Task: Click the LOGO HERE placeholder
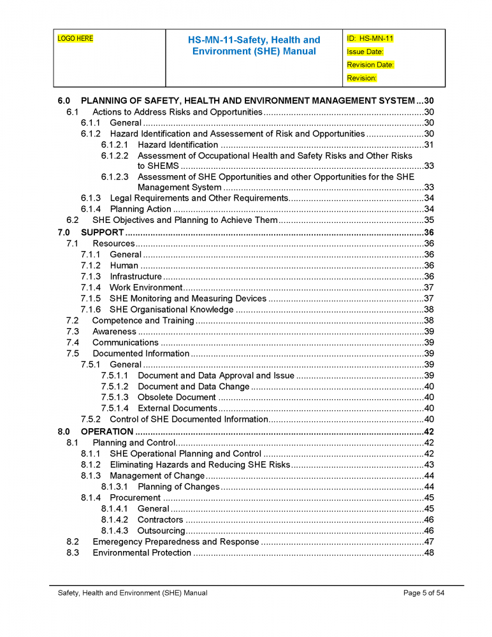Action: click(x=75, y=39)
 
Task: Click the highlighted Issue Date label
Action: click(x=365, y=52)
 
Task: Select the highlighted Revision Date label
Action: click(x=370, y=65)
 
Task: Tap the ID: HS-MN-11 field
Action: click(x=370, y=39)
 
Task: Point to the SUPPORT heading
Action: click(x=102, y=233)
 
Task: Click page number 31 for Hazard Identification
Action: click(x=429, y=145)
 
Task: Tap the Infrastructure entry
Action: click(x=136, y=276)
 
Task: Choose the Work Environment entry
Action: click(x=146, y=287)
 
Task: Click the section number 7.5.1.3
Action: click(x=115, y=397)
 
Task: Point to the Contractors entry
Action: click(x=160, y=520)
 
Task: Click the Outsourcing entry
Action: click(x=161, y=531)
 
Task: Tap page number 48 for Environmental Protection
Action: click(x=429, y=553)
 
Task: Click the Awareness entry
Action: click(x=114, y=332)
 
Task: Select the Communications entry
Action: click(x=126, y=343)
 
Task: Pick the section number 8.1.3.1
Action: click(x=115, y=487)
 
